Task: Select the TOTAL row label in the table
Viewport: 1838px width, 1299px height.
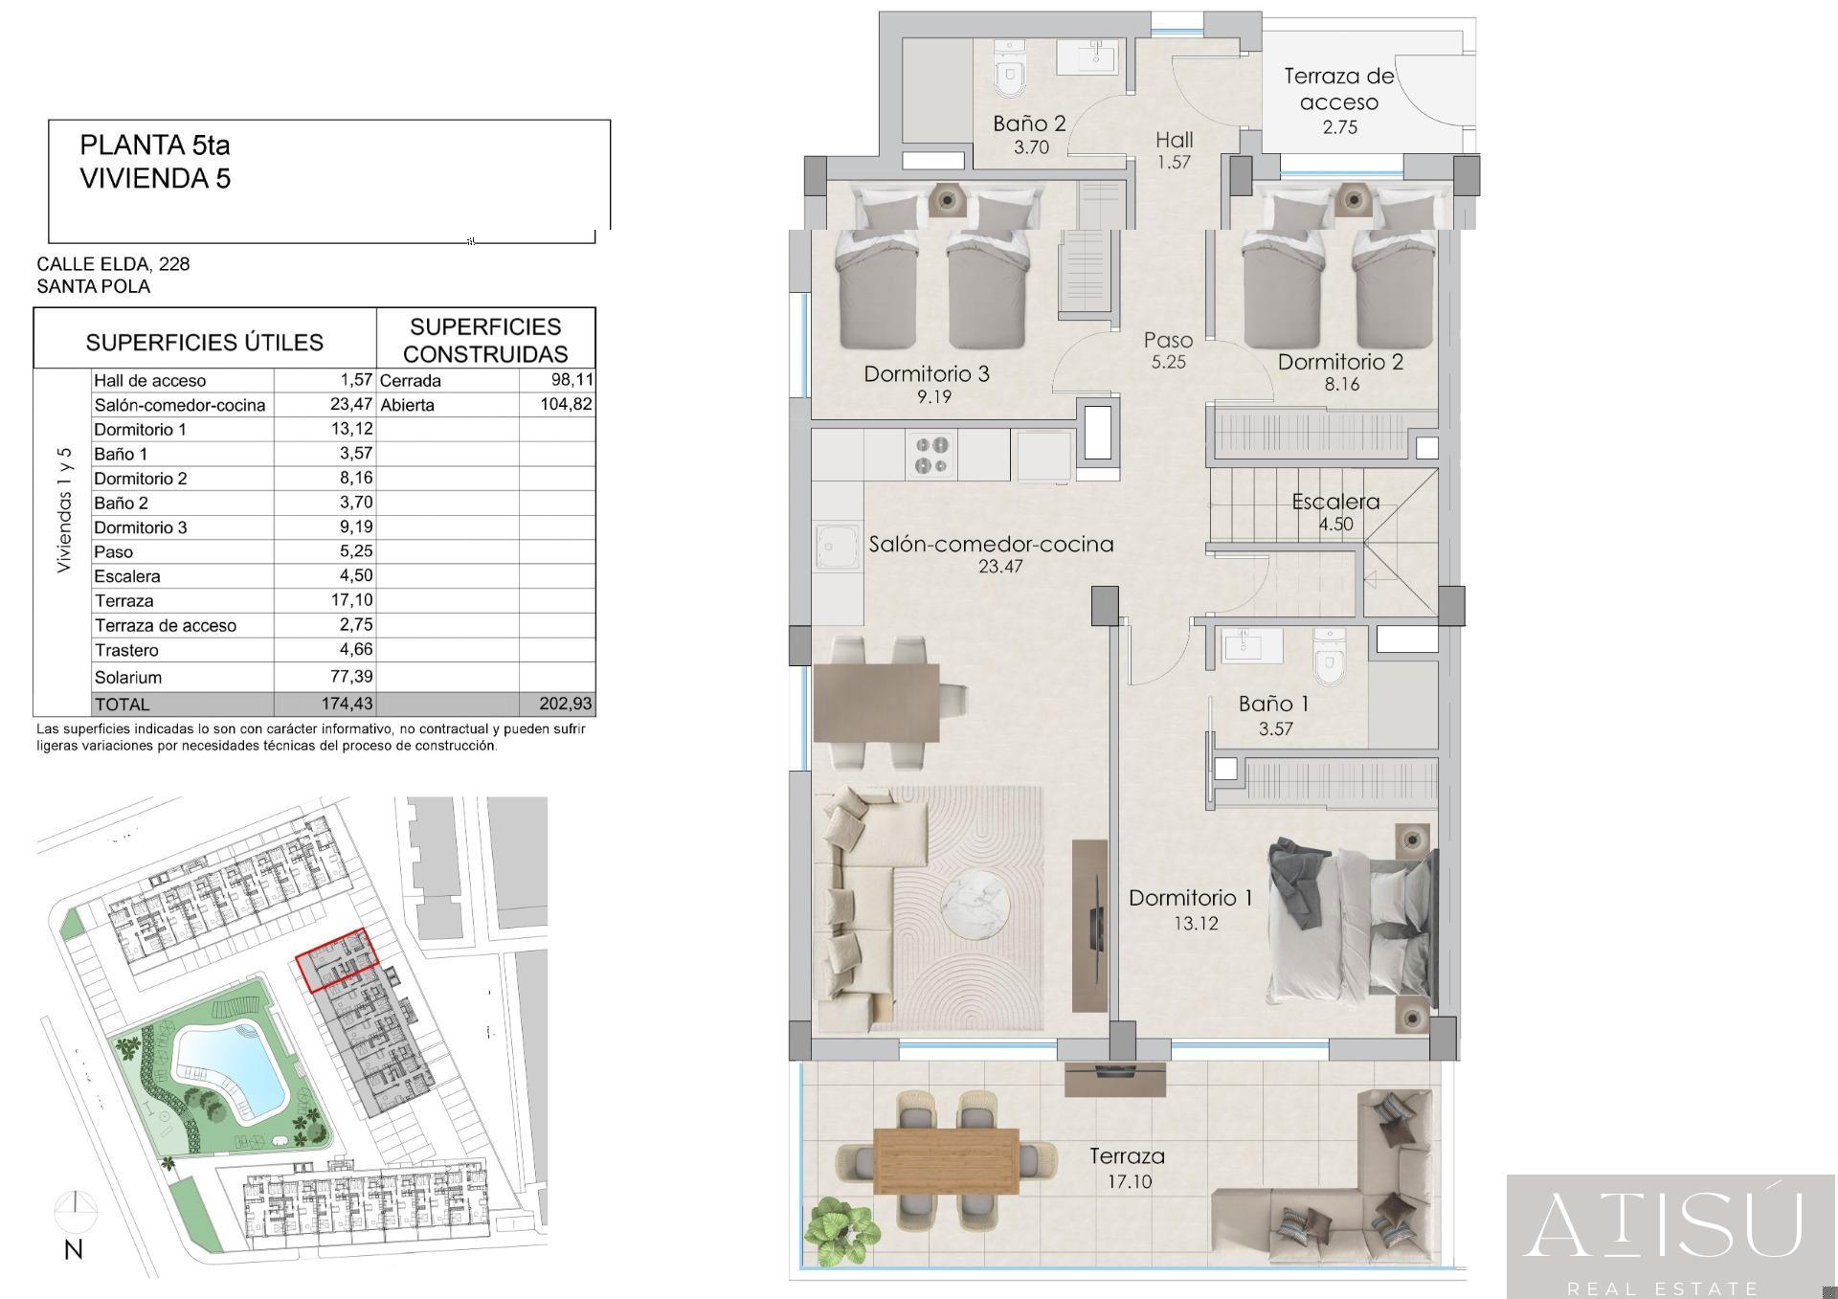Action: [x=123, y=705]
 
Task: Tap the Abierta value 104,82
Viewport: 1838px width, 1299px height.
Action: [x=566, y=404]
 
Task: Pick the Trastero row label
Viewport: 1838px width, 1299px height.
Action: [x=126, y=650]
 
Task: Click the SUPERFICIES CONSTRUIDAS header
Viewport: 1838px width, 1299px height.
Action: [x=485, y=340]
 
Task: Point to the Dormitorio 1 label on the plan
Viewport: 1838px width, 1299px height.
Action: [x=1191, y=898]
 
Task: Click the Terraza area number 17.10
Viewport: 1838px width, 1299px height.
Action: [x=1130, y=1181]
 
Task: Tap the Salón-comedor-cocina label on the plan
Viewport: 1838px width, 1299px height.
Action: [x=991, y=544]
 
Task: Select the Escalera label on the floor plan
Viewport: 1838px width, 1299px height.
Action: [x=1335, y=502]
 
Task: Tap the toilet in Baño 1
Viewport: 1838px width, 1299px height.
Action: [x=1328, y=657]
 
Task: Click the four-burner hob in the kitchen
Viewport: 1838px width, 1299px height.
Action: [x=932, y=455]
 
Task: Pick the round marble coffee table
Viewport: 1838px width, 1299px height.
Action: [x=975, y=903]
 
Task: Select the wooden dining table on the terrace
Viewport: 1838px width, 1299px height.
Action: [x=946, y=1161]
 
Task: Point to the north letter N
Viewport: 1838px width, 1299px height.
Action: [x=74, y=1249]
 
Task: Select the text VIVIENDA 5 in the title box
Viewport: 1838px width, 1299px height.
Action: [x=155, y=179]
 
